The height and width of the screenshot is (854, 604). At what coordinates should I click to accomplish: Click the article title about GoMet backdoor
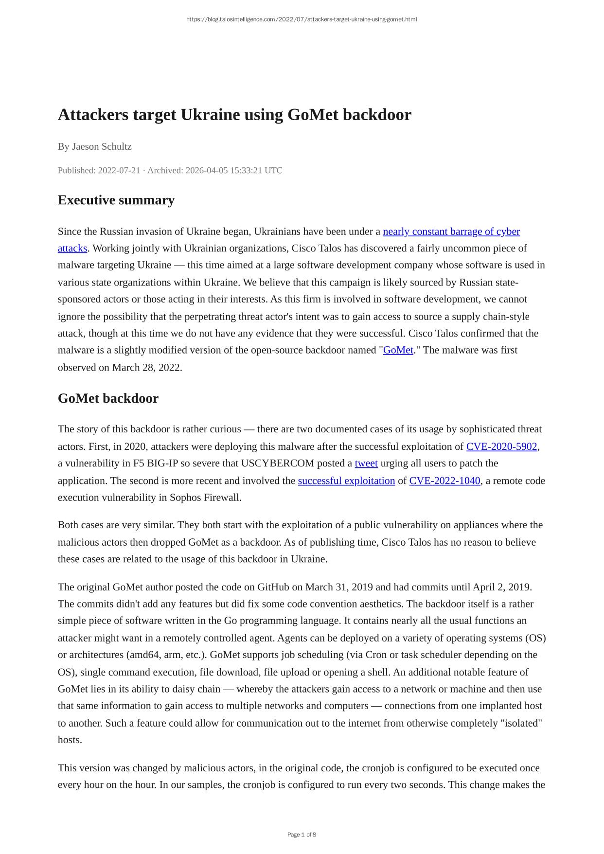pyautogui.click(x=234, y=115)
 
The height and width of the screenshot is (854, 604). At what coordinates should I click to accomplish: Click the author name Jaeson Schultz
pyautogui.click(x=102, y=146)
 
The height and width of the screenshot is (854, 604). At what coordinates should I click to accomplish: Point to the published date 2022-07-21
pyautogui.click(x=119, y=170)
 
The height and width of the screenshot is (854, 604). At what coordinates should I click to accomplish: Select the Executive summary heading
pyautogui.click(x=116, y=200)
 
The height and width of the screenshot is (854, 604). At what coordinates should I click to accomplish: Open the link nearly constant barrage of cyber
pyautogui.click(x=451, y=231)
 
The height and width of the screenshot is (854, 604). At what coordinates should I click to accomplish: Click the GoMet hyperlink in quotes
pyautogui.click(x=398, y=350)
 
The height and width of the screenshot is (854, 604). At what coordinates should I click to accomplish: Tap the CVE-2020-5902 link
pyautogui.click(x=501, y=446)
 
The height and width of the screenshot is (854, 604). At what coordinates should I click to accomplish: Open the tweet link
pyautogui.click(x=366, y=463)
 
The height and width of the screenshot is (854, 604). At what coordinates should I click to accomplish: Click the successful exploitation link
pyautogui.click(x=346, y=480)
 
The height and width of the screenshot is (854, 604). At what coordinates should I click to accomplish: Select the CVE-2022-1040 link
pyautogui.click(x=444, y=480)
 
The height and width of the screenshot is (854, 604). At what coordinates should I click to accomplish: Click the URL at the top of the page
pyautogui.click(x=302, y=19)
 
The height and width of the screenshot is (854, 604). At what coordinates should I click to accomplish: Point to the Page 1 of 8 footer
pyautogui.click(x=302, y=835)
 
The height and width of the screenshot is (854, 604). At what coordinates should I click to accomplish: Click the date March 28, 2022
pyautogui.click(x=146, y=368)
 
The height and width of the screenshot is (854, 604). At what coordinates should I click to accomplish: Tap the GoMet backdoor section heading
pyautogui.click(x=108, y=398)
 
